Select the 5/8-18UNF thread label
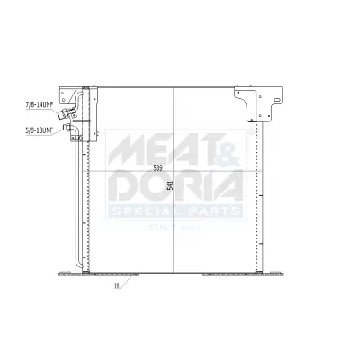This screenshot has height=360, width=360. coord(40,130)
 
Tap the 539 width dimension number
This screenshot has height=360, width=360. coord(158,168)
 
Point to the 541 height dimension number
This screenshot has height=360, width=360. coord(170,185)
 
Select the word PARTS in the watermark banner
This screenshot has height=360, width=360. coord(212,212)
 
